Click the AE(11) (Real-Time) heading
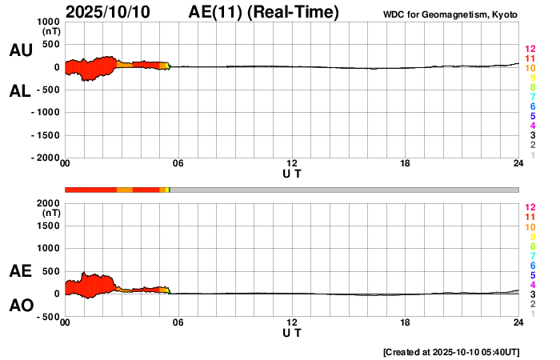click(x=264, y=13)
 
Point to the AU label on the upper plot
click(x=21, y=50)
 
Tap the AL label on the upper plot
click(x=21, y=92)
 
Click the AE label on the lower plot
click(x=21, y=272)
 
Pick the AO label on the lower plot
click(x=21, y=306)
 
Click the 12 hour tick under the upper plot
click(x=292, y=164)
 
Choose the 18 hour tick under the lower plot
click(x=406, y=322)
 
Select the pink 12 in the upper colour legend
click(x=530, y=50)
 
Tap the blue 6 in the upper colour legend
click(x=532, y=107)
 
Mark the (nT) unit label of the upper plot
click(x=50, y=34)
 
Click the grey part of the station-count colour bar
click(x=344, y=190)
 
